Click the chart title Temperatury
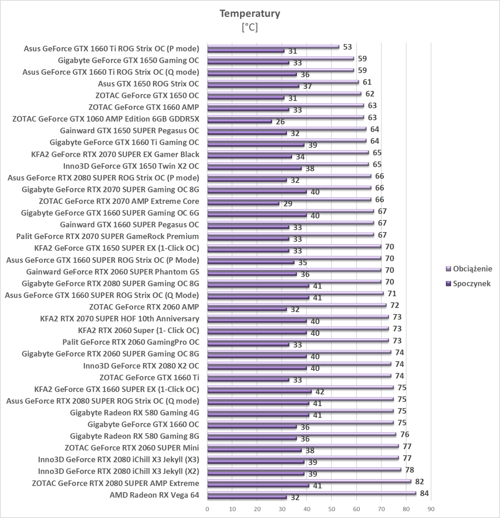click(250, 14)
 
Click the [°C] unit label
click(250, 27)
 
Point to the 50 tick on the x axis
click(331, 509)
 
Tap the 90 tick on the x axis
click(431, 509)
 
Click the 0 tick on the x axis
click(207, 509)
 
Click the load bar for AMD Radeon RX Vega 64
click(311, 493)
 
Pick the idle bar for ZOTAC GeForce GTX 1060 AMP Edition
click(240, 121)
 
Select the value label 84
click(424, 493)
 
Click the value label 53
click(347, 47)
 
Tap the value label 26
click(280, 122)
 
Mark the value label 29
click(288, 204)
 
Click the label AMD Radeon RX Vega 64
click(154, 495)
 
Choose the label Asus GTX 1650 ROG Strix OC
click(148, 84)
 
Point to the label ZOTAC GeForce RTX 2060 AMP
click(144, 307)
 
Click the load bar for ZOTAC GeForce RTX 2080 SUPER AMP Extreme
click(309, 481)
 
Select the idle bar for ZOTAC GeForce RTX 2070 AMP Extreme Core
click(243, 203)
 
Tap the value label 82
click(419, 481)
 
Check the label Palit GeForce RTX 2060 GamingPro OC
click(130, 342)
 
